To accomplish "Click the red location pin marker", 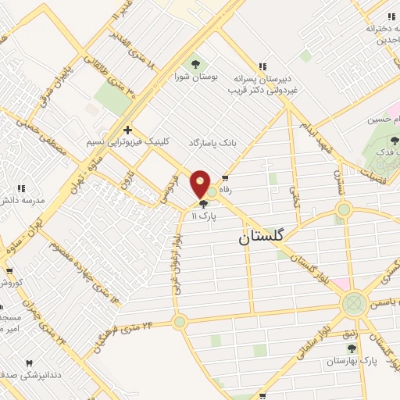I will pyautogui.click(x=201, y=184).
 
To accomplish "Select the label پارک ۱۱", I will pyautogui.click(x=204, y=214).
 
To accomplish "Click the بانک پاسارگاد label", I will pyautogui.click(x=212, y=143).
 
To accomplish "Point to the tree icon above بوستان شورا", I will pyautogui.click(x=195, y=63).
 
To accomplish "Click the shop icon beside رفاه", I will pyautogui.click(x=227, y=178).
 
